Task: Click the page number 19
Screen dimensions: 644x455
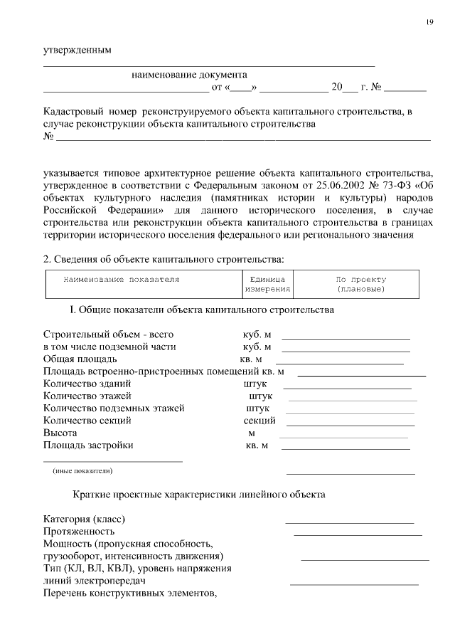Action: pos(429,22)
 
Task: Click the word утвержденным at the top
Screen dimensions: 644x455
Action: pos(77,51)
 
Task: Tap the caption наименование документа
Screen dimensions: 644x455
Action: pos(189,74)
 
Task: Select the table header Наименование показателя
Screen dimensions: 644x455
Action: pos(122,280)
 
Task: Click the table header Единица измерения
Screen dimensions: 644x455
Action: pos(267,285)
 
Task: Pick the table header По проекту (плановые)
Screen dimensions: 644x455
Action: pos(360,285)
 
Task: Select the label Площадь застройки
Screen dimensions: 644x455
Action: pos(88,445)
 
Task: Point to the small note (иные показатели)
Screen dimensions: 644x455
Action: pos(82,470)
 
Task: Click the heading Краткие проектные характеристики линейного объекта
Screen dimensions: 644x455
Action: pos(199,494)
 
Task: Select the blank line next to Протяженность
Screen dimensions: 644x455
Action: pos(358,534)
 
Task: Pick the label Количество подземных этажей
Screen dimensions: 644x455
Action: pos(114,408)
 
